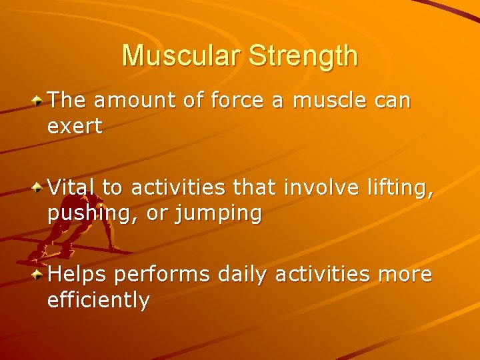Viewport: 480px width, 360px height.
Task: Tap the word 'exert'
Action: (75, 127)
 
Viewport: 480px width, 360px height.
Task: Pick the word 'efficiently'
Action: (99, 301)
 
